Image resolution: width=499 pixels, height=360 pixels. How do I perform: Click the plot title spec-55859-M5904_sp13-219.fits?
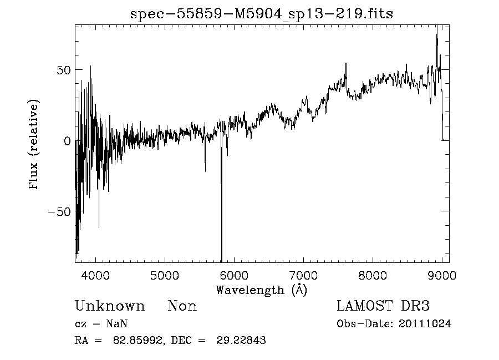(262, 14)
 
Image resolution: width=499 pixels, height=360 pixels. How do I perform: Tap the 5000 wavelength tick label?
(165, 275)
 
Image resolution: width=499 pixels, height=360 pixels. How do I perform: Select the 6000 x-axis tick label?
(234, 275)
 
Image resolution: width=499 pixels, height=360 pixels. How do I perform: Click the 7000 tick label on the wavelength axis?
(303, 275)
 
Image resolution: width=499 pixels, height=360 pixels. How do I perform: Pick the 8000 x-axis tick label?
(373, 275)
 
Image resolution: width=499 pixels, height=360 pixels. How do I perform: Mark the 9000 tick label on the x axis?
(442, 275)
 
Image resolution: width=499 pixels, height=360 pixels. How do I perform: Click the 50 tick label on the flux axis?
(63, 70)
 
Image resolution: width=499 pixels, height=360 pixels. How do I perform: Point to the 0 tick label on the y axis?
(67, 141)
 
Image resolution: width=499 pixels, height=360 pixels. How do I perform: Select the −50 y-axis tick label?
(59, 212)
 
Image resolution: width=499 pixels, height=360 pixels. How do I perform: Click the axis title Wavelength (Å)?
(261, 290)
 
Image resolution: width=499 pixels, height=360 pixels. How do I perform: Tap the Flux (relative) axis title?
(34, 145)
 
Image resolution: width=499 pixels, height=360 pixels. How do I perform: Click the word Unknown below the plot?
(110, 306)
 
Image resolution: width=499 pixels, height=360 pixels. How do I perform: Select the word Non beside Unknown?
(182, 306)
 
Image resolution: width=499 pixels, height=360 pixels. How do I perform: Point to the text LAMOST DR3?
(383, 306)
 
